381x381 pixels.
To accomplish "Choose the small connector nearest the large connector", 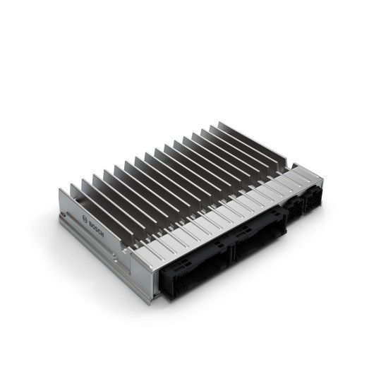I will point(292,210).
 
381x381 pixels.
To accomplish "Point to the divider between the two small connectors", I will point(302,205).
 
